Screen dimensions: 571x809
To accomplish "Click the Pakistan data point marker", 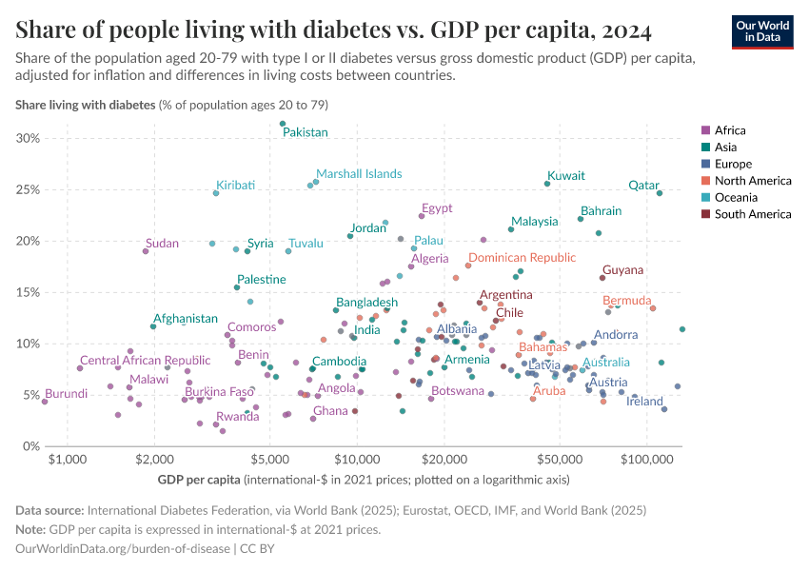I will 283,124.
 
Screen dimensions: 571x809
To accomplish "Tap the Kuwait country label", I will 566,176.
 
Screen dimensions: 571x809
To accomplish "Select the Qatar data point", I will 660,193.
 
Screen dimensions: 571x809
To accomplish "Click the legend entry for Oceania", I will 739,197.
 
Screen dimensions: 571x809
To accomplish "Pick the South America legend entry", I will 752,214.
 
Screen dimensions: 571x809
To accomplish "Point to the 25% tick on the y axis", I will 28,189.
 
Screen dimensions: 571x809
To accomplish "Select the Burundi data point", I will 45,402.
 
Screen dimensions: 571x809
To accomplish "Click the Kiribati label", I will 235,185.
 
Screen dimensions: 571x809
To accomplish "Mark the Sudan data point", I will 146,251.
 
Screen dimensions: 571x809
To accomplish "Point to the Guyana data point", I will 602,278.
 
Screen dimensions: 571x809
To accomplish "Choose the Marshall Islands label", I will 359,174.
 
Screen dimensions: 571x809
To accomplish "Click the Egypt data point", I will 422,216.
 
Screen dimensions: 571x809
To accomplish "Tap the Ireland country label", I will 644,402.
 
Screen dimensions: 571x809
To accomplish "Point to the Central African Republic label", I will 145,361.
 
